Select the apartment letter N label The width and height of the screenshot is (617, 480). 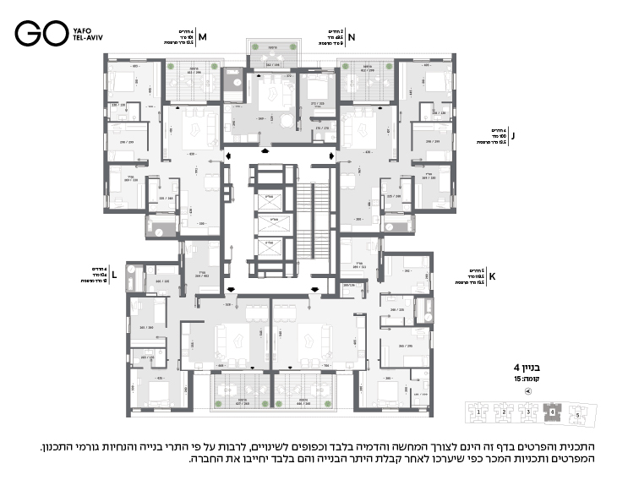coord(352,37)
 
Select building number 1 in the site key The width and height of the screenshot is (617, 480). coord(477,412)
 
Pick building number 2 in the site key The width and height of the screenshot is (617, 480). coord(504,412)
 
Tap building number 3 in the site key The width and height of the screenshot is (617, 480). coord(529,412)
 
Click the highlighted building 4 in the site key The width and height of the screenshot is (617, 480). coord(554,413)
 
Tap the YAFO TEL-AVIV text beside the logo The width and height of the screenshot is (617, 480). coord(85,33)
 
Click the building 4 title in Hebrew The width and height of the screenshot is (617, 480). coord(526,368)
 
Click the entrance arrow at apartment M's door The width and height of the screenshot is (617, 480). coord(231,155)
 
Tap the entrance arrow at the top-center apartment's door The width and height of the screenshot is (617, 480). coord(266,150)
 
